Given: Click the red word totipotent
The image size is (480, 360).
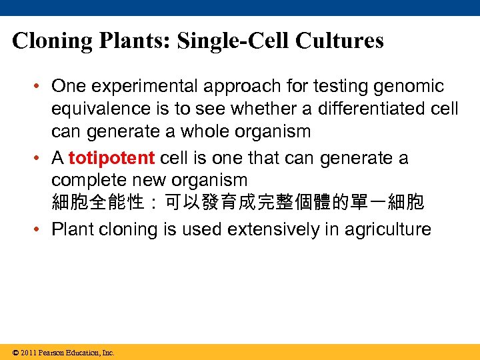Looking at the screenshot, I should point(111,159).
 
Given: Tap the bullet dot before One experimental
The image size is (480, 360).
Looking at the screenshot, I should point(41,87).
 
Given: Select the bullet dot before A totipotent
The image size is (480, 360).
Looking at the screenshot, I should point(41,159).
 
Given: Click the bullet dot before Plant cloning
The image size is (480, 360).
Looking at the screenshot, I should point(41,230).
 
